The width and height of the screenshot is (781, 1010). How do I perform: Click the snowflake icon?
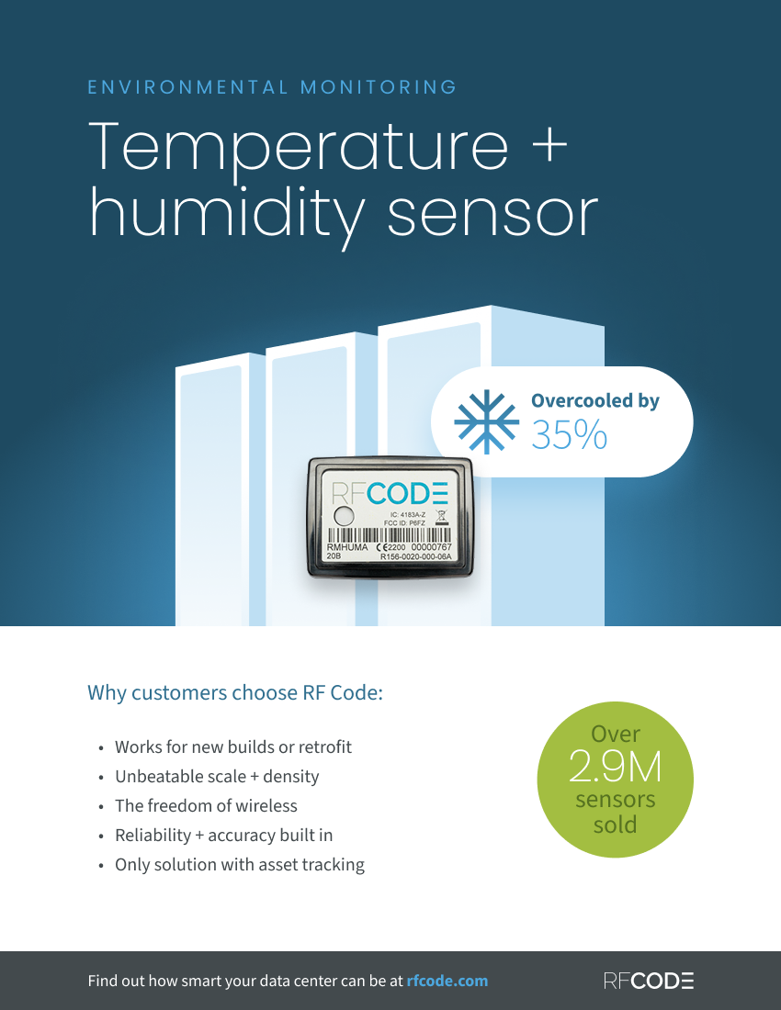click(486, 422)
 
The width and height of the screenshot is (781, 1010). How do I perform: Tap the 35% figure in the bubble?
click(569, 435)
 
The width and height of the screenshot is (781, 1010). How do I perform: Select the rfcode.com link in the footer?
click(447, 981)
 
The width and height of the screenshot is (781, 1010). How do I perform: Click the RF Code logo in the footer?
click(649, 981)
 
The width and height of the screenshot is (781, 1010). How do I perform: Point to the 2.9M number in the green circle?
click(616, 767)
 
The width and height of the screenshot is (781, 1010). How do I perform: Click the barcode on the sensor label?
click(390, 535)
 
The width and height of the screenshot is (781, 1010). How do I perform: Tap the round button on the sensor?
click(344, 515)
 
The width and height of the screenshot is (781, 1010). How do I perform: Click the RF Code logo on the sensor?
click(390, 493)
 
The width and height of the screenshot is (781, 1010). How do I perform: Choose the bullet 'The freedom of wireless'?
click(206, 806)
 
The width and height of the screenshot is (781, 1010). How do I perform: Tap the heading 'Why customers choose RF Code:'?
click(235, 692)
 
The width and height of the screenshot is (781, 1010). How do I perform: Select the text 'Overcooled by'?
click(595, 400)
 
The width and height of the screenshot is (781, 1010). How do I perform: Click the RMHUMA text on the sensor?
click(347, 547)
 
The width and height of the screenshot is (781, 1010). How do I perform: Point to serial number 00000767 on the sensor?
click(431, 547)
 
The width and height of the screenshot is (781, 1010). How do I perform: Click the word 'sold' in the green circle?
click(616, 825)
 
